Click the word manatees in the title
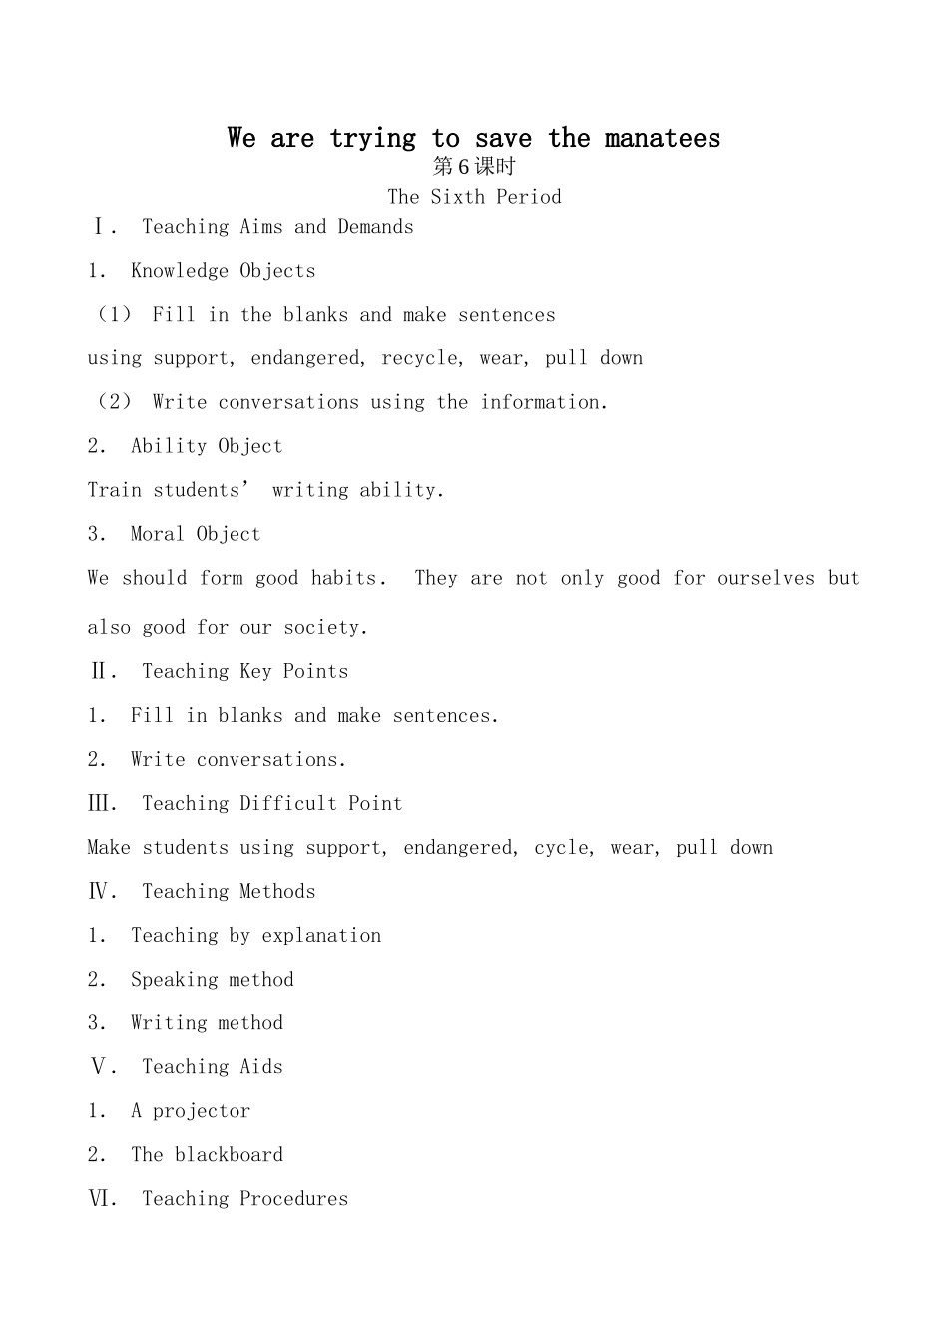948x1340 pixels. [x=662, y=138]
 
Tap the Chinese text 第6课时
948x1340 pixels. [x=474, y=167]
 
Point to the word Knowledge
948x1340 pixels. [x=180, y=271]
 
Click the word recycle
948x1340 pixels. [x=419, y=358]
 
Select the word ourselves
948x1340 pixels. [x=766, y=578]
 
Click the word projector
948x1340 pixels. [x=201, y=1111]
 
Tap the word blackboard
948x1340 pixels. [x=229, y=1155]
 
